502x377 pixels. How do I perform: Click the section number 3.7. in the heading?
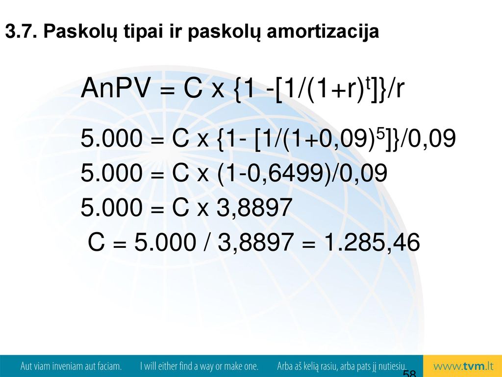[21, 31]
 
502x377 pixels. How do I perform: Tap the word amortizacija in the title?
[323, 32]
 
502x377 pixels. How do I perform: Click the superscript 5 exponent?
[379, 134]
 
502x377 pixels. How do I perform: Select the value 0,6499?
[286, 173]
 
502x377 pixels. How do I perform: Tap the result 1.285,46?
[372, 242]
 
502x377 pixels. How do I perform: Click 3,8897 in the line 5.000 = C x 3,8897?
[254, 208]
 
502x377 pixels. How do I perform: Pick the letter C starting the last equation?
[96, 242]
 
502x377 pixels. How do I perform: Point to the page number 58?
[409, 373]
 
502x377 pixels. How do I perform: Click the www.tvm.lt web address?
[463, 366]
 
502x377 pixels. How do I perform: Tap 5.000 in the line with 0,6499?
[111, 173]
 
